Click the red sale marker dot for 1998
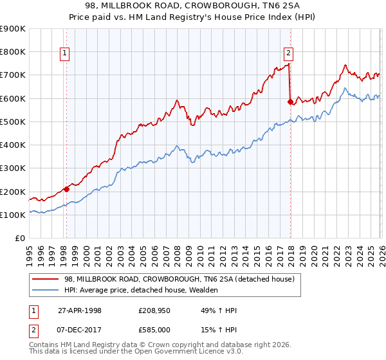click(66, 189)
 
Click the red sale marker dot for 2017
click(290, 101)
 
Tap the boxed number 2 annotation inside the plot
click(288, 53)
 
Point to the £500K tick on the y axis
click(13, 122)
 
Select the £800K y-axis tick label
click(13, 51)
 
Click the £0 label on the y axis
click(20, 239)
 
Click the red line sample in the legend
click(46, 279)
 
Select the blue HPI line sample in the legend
click(46, 290)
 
